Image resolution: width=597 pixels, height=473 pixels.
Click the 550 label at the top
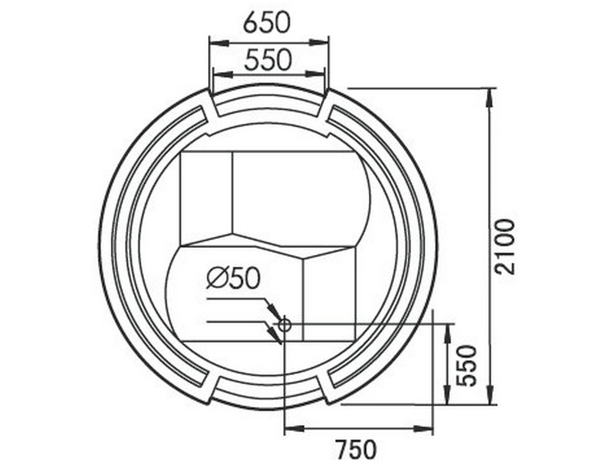click(268, 60)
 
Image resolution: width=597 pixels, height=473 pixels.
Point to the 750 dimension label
click(356, 449)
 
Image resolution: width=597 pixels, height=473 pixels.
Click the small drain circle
click(284, 325)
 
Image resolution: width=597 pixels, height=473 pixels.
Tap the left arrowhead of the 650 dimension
click(219, 43)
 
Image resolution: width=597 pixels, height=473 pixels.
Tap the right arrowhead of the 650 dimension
click(319, 43)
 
